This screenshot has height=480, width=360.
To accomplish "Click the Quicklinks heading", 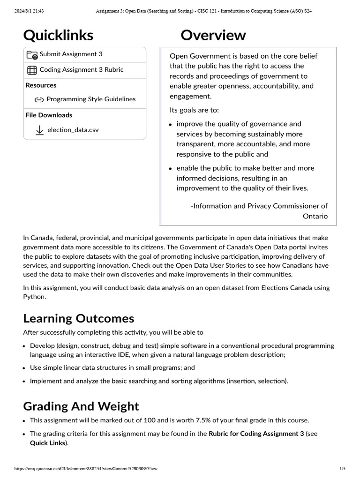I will [58, 35].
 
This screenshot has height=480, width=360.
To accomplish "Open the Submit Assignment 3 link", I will [71, 54].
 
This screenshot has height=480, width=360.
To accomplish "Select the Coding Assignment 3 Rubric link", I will [82, 70].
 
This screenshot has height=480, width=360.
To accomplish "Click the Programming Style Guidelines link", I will [91, 99].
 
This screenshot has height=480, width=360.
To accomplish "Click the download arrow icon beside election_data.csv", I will [40, 130].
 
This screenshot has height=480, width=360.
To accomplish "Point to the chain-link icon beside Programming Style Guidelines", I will [39, 99].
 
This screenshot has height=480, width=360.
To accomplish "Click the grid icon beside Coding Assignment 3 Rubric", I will [32, 70].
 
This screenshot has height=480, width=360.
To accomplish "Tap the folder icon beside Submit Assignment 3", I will [32, 55].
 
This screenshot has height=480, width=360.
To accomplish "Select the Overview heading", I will [213, 35].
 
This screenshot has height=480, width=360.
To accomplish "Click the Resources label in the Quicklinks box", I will [41, 85].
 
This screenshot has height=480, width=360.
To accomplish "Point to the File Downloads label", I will [49, 115].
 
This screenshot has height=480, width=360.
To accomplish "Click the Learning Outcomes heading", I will [79, 319].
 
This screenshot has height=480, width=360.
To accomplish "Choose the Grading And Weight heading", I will [81, 406].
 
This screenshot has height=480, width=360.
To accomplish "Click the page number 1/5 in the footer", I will [342, 469].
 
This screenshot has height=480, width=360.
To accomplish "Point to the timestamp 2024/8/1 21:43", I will [28, 10].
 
